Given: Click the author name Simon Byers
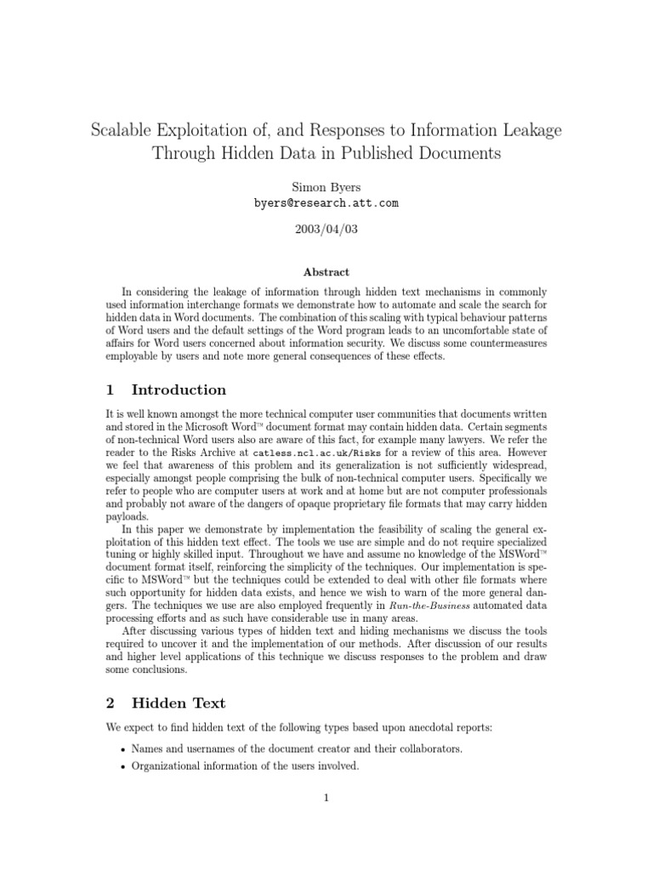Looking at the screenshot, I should [x=326, y=186].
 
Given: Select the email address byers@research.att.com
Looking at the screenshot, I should [x=326, y=203].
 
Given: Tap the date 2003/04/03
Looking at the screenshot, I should [x=326, y=231].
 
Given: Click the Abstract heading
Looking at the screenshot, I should [x=326, y=272].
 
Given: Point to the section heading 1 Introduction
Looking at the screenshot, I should [x=166, y=390].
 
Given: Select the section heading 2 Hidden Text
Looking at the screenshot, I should [x=166, y=703].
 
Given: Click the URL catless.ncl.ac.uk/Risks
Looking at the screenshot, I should [x=303, y=453].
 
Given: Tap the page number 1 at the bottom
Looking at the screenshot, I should [x=326, y=797].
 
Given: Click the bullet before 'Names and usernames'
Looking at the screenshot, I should [x=124, y=750].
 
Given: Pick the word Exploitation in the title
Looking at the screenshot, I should [x=205, y=131].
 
